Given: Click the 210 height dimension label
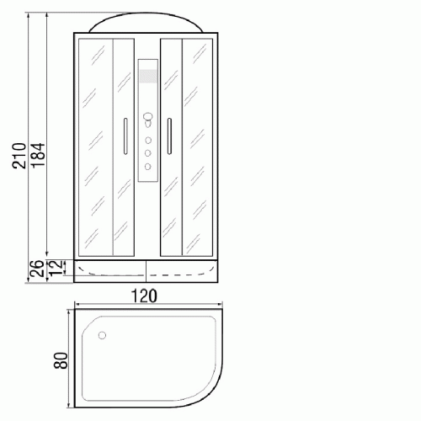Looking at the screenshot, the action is click(x=19, y=156).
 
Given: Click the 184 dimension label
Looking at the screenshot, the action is click(x=38, y=156).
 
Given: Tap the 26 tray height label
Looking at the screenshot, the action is click(x=37, y=269).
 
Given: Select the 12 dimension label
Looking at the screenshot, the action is click(x=56, y=268).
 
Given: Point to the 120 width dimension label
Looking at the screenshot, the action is click(x=144, y=296).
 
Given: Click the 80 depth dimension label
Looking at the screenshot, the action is click(x=61, y=360).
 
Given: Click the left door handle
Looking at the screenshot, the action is click(x=125, y=136).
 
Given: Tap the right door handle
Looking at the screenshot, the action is click(x=169, y=136).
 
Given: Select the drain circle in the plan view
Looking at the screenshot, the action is click(x=102, y=335).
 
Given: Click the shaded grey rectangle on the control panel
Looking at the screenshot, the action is click(x=148, y=76).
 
